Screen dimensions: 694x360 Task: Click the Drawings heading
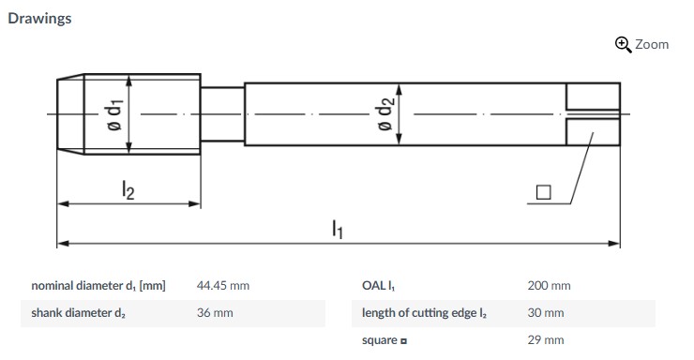pos(39,19)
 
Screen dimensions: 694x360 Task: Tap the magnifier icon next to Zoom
pos(623,45)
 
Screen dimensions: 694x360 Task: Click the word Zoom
pos(652,45)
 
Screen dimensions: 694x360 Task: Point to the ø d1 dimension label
pos(115,114)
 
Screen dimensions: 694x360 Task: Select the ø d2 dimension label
pos(385,113)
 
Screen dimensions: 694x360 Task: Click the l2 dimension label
pos(128,190)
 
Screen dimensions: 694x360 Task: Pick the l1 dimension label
pos(338,229)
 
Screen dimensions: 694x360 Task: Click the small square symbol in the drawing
pos(544,192)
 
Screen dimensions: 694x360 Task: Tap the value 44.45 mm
pos(223,286)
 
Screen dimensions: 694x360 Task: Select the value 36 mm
pos(215,313)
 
